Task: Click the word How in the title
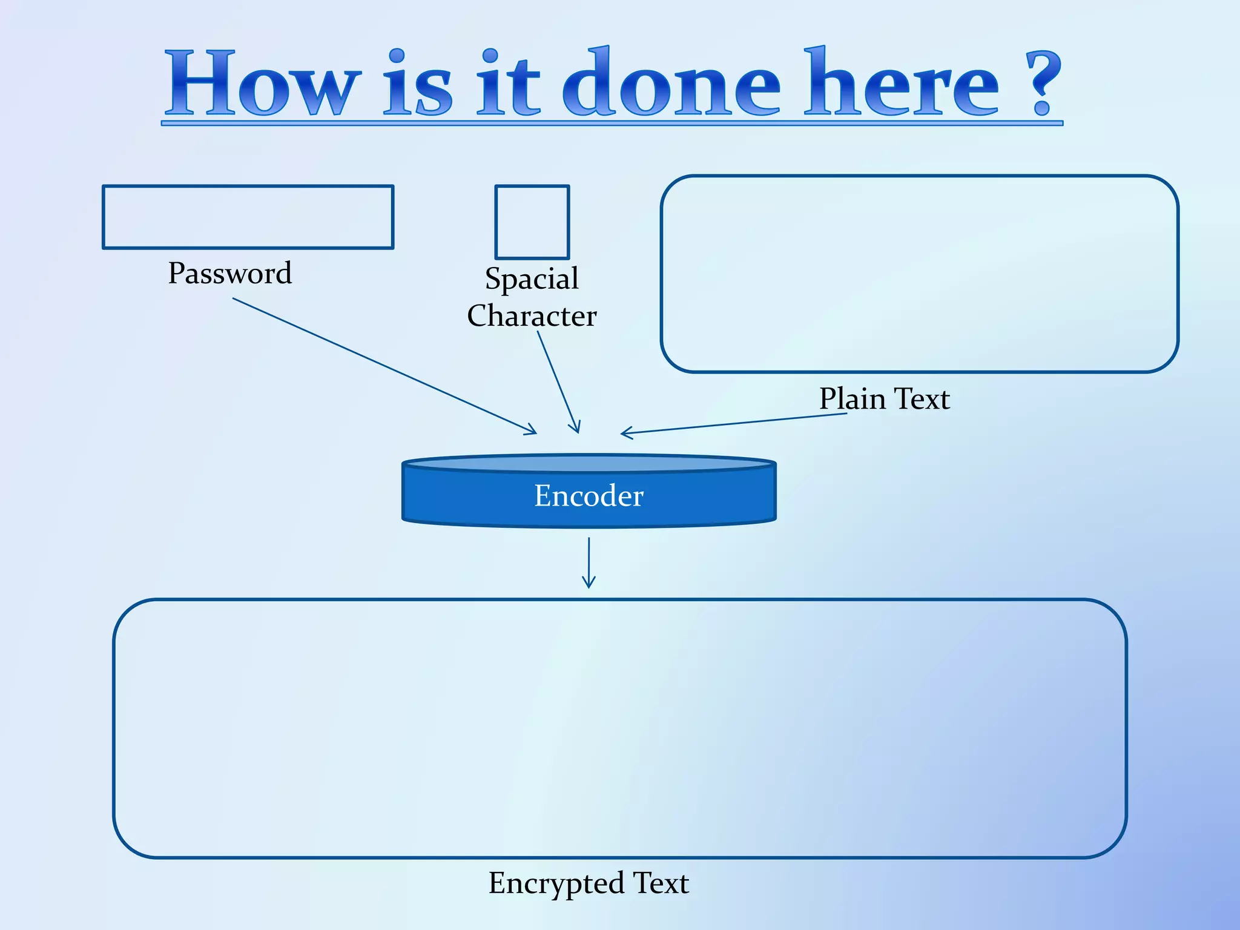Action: (262, 84)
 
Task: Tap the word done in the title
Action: (671, 84)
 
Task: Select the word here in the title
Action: (902, 84)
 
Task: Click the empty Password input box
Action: (248, 217)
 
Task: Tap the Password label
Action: (230, 273)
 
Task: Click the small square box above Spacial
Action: (532, 222)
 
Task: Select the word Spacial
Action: (532, 279)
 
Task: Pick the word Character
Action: (532, 316)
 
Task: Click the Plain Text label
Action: (884, 399)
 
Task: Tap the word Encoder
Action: (589, 496)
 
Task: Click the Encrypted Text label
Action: (589, 883)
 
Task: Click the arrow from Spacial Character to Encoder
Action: (558, 382)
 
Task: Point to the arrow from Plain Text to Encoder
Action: (733, 423)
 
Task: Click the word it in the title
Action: (508, 84)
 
